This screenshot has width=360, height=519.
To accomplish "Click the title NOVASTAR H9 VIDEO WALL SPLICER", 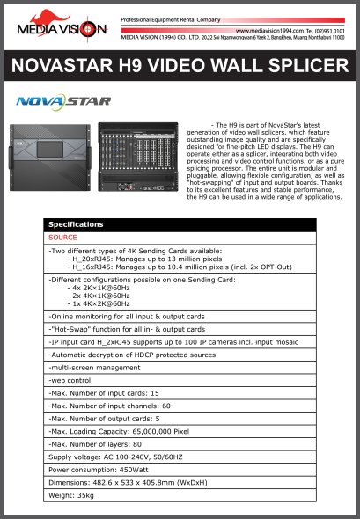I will [x=180, y=66].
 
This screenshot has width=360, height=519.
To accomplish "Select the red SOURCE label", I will [x=62, y=238].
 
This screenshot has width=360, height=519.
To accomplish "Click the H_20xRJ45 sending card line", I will [x=141, y=259].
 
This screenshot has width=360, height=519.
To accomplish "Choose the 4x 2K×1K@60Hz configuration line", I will [x=107, y=287].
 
